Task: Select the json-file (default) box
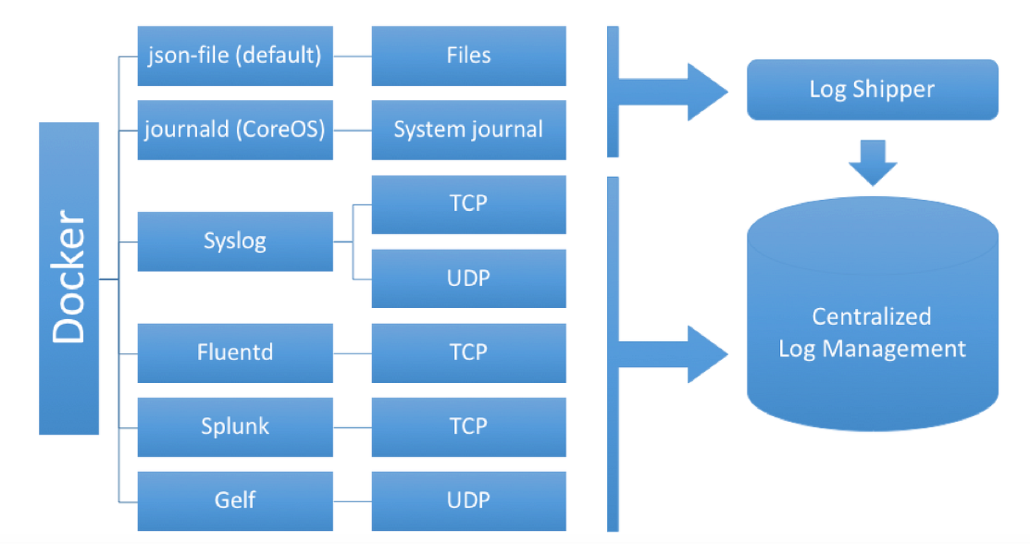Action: point(235,56)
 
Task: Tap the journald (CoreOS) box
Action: point(235,130)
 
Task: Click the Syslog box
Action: point(235,241)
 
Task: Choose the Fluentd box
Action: point(235,352)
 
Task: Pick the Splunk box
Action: point(235,426)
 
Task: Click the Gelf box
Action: point(235,501)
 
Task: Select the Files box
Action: point(469,56)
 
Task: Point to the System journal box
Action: point(469,130)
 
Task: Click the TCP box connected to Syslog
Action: point(469,204)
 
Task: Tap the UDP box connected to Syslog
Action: point(469,278)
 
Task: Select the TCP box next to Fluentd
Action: point(469,352)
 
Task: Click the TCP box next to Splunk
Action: point(469,426)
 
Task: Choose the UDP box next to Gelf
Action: point(469,501)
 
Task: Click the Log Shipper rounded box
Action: point(872,90)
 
